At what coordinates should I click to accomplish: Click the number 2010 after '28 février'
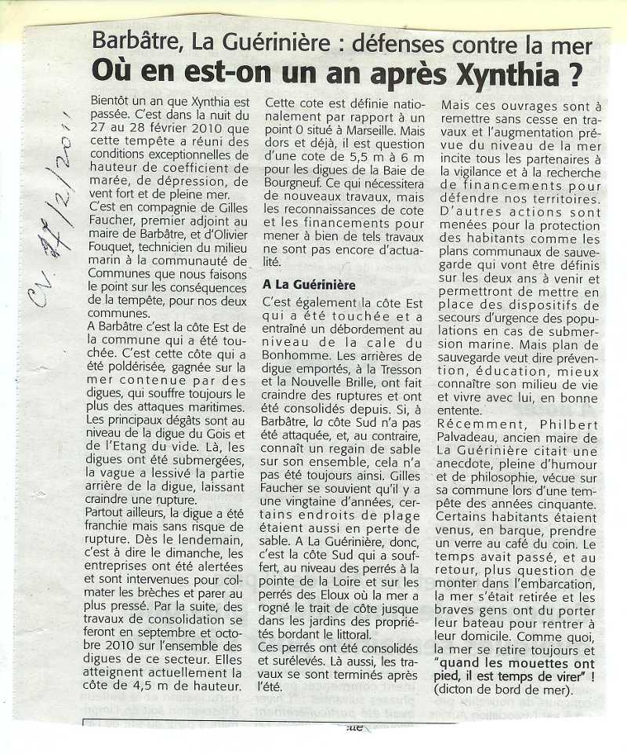201,130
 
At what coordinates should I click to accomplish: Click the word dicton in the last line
462,691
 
